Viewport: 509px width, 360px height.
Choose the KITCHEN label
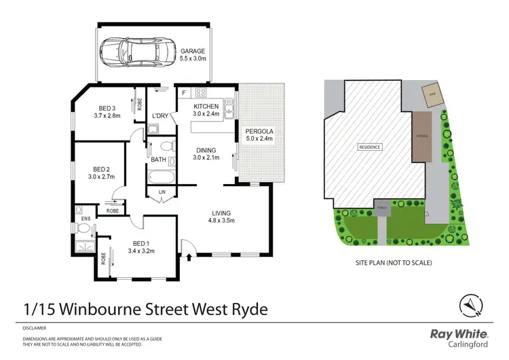click(206, 107)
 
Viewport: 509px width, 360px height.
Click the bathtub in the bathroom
click(162, 178)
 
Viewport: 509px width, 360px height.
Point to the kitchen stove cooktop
click(202, 92)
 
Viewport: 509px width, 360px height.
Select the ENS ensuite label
click(86, 218)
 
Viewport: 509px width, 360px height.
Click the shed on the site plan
click(430, 96)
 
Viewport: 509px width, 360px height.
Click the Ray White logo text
click(459, 334)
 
